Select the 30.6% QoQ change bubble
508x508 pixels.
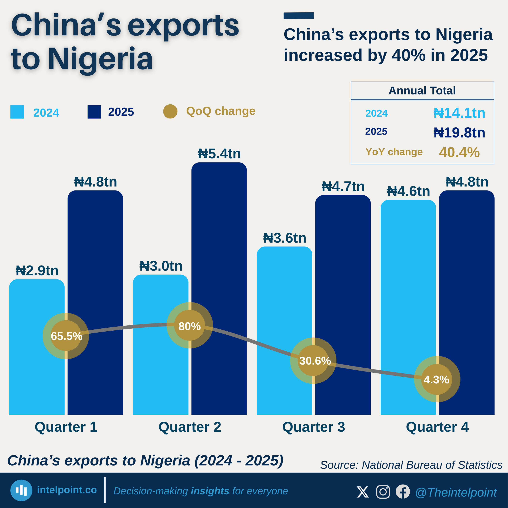313,361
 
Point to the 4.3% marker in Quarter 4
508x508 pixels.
437,379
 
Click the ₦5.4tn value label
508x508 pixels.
219,154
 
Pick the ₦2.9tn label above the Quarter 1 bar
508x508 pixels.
37,270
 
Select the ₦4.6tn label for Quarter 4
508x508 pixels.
408,191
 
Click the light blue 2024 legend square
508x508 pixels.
17,112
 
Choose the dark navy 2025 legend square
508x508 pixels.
94,112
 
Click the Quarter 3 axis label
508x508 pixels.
313,427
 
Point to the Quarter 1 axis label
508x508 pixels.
66,427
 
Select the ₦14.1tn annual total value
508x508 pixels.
459,113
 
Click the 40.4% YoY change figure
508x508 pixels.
459,152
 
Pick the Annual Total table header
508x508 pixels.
422,91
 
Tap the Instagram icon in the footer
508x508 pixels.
383,492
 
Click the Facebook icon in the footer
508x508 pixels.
403,492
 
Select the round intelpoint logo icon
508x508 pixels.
21,490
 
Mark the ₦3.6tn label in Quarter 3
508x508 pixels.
285,238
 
